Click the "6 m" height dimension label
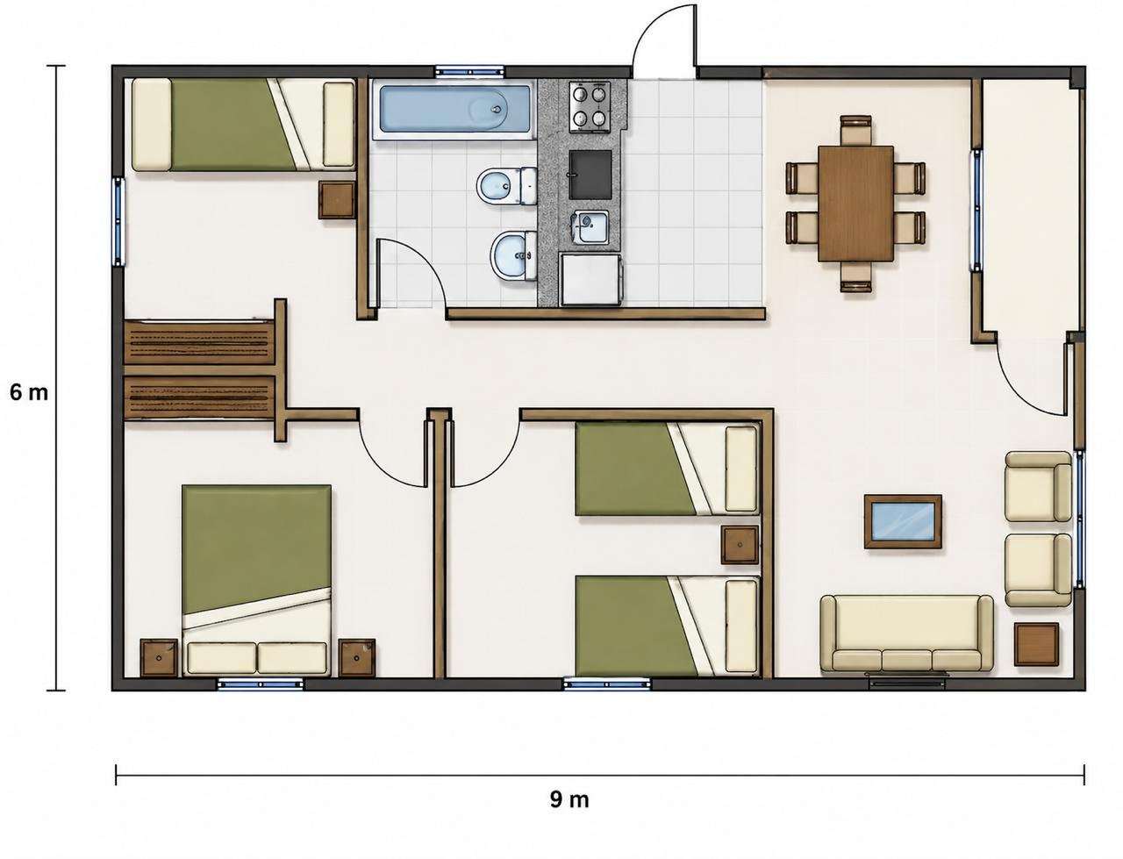29,393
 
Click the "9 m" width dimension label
569,799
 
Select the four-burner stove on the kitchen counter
590,106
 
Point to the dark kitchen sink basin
590,175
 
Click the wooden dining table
856,204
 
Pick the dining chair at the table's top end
856,130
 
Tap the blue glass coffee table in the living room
903,521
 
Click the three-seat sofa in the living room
906,634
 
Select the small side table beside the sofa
1036,644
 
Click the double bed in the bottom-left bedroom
257,580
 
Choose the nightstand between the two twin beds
740,546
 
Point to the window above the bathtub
469,71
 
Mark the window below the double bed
260,684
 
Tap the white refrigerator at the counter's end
591,279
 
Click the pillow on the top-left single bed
152,125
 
